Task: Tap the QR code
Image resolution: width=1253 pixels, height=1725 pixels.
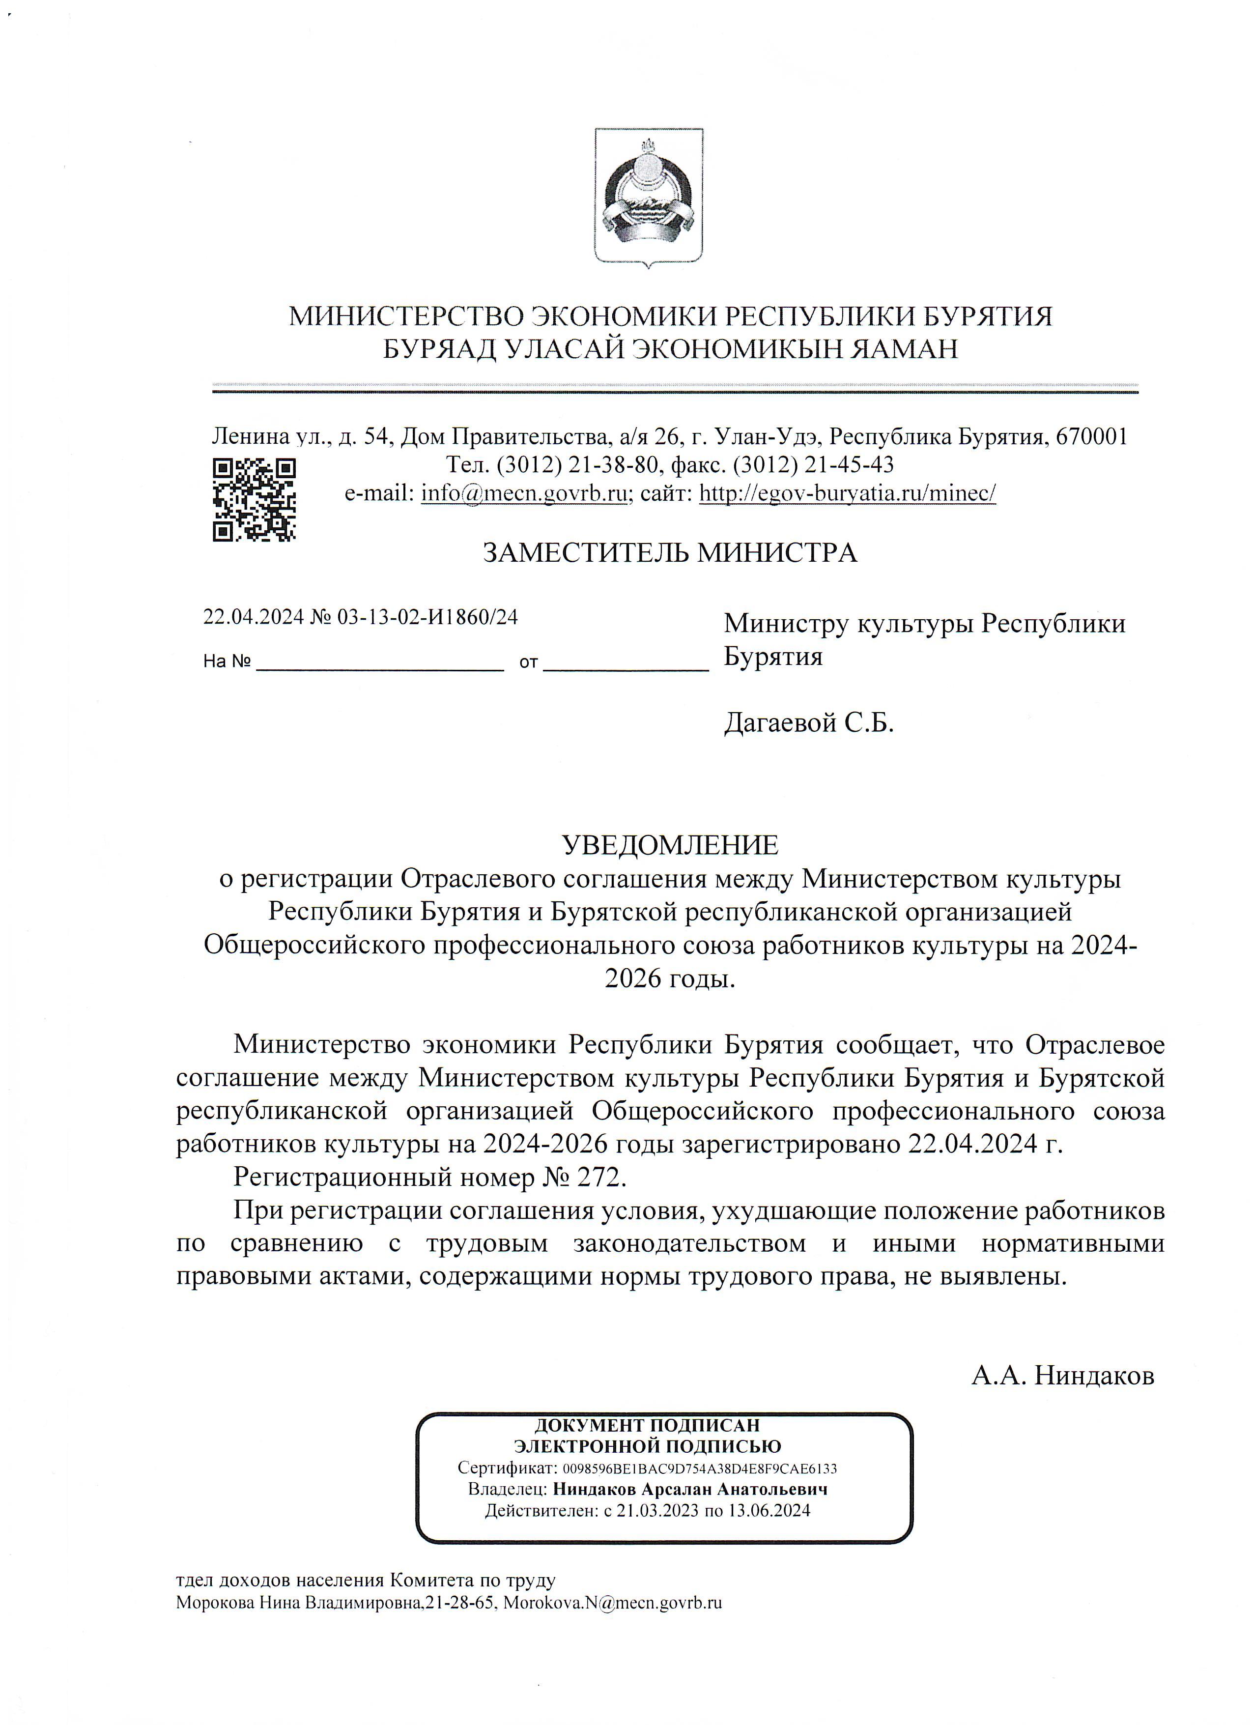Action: pos(254,500)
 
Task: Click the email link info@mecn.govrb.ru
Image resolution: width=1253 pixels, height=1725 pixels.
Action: pos(524,493)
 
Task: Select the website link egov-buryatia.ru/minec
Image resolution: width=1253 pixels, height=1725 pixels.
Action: pos(847,493)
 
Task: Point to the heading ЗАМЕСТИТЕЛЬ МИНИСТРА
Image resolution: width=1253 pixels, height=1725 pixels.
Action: pos(670,552)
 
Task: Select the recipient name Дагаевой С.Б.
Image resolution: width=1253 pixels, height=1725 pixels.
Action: pos(808,722)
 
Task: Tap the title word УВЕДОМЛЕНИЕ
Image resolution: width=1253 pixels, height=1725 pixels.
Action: pos(670,844)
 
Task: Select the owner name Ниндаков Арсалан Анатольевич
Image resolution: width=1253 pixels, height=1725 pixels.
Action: pos(689,1489)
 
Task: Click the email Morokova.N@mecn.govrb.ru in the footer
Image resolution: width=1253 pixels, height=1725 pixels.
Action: pos(613,1603)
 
